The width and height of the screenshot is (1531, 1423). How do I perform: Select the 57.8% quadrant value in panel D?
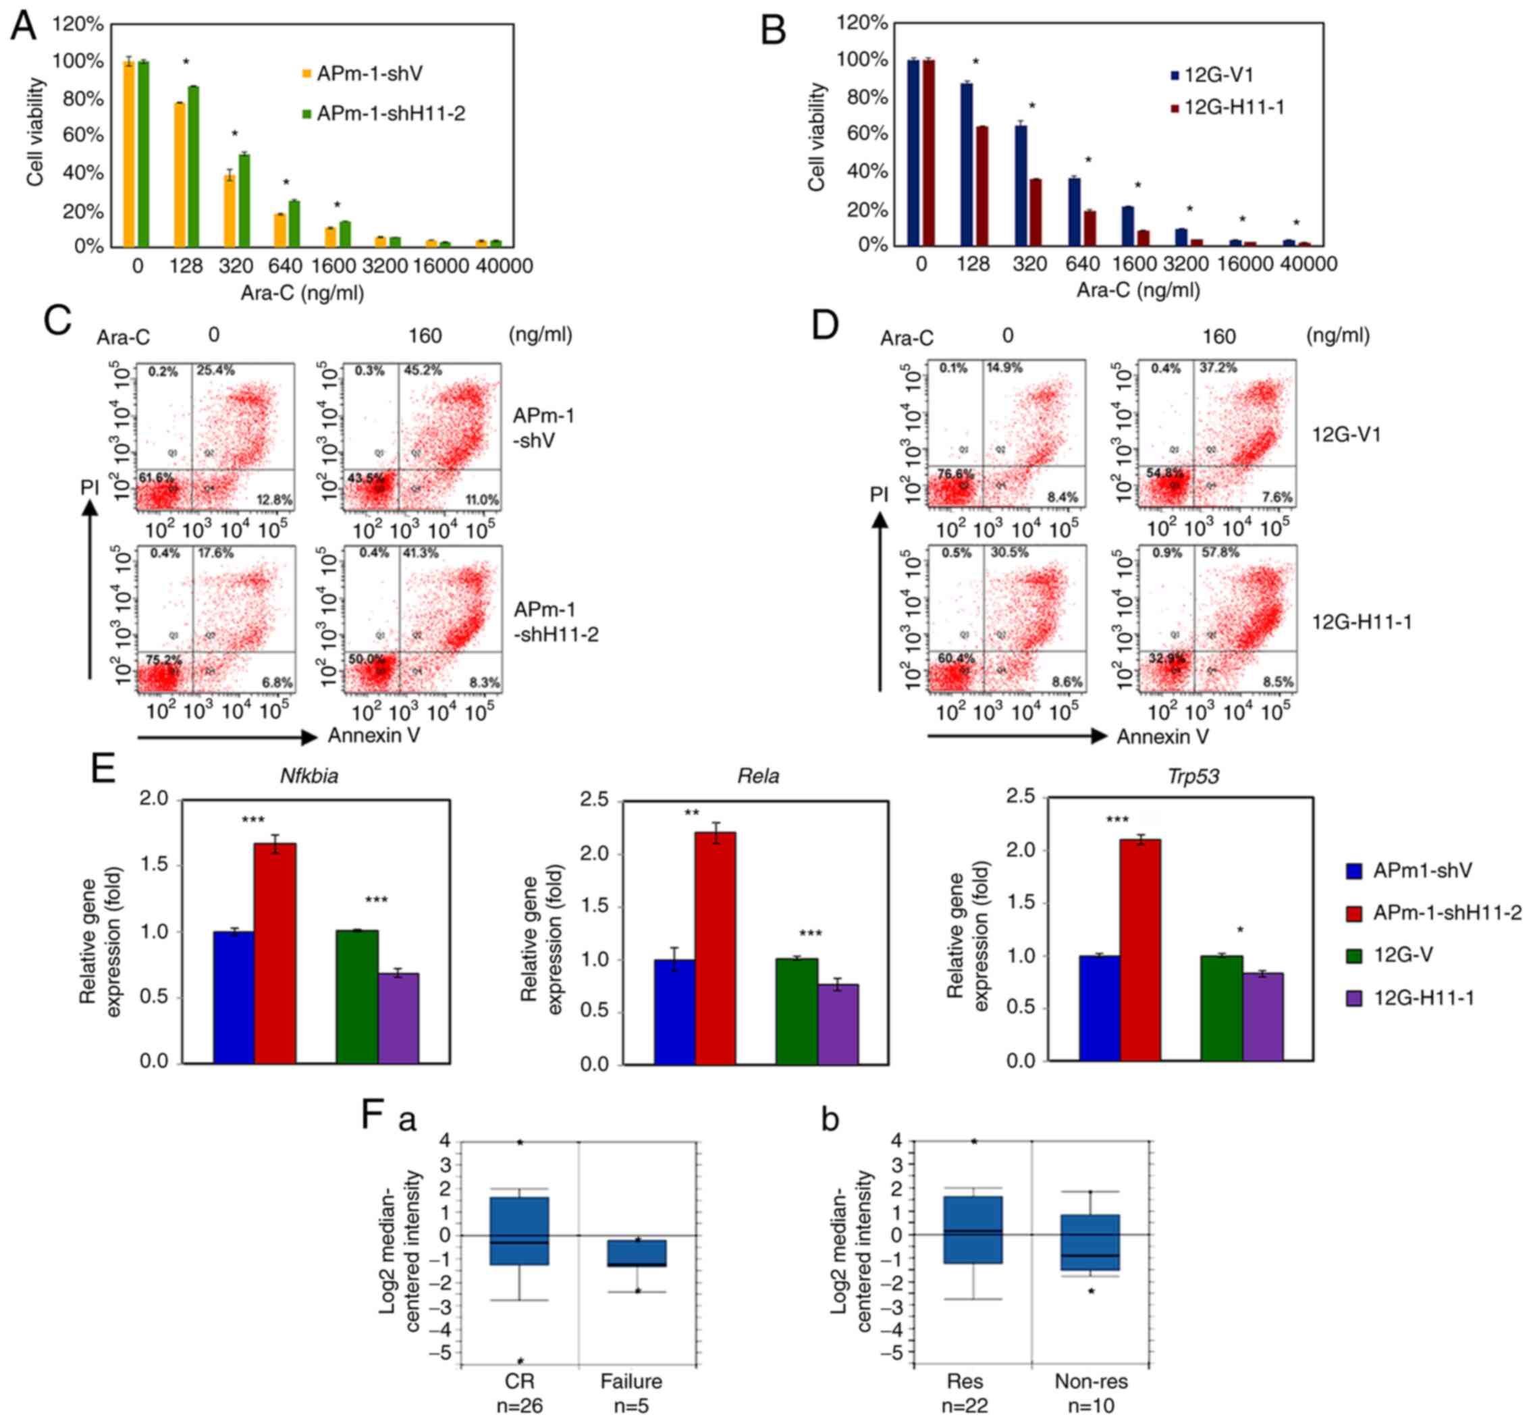(1218, 553)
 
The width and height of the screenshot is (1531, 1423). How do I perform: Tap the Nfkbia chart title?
(308, 776)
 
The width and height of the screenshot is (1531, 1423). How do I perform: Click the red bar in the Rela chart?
(716, 947)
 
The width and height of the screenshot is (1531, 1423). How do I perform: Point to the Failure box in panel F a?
(636, 1253)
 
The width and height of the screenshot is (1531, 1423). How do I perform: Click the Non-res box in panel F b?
(1090, 1242)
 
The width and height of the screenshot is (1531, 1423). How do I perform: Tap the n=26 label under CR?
(520, 1406)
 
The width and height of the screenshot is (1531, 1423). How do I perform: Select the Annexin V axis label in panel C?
(374, 735)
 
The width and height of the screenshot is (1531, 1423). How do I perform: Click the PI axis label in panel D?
(879, 493)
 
